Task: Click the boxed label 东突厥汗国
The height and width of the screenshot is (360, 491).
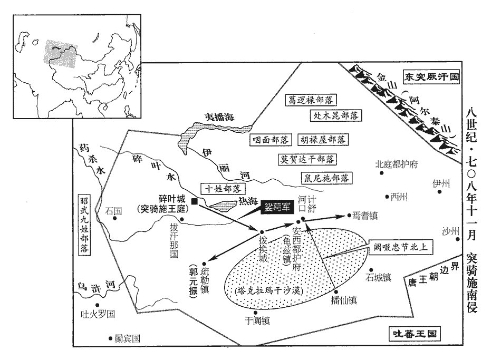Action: [x=430, y=76]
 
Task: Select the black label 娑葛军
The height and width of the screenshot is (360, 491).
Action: [x=277, y=208]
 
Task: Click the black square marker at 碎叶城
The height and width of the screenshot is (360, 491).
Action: [x=195, y=201]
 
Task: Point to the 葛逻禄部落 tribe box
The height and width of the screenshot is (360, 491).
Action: [x=312, y=100]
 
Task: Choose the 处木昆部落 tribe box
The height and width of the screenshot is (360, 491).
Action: [x=335, y=115]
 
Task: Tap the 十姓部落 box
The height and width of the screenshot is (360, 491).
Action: [x=220, y=188]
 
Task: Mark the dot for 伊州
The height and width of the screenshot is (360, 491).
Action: [x=439, y=192]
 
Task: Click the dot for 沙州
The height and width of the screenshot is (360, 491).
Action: [x=454, y=239]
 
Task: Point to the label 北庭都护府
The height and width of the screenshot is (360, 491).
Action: [x=396, y=164]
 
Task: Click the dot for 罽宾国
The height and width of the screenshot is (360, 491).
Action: [x=110, y=338]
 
